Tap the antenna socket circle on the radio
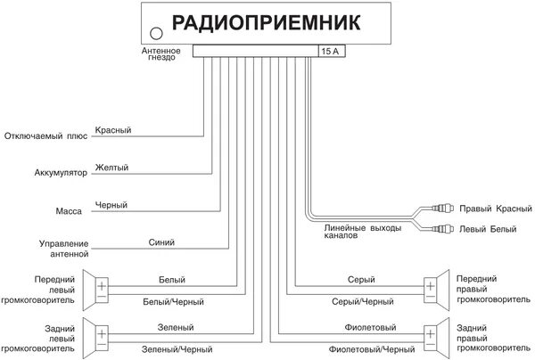(x=156, y=34)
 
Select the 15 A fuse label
(x=330, y=53)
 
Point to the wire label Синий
(x=161, y=242)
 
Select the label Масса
(x=70, y=211)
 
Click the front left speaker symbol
(x=98, y=287)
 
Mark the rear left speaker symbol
(x=98, y=334)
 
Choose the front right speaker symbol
(x=435, y=287)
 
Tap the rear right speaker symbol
(x=435, y=334)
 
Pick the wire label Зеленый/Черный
(x=177, y=348)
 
